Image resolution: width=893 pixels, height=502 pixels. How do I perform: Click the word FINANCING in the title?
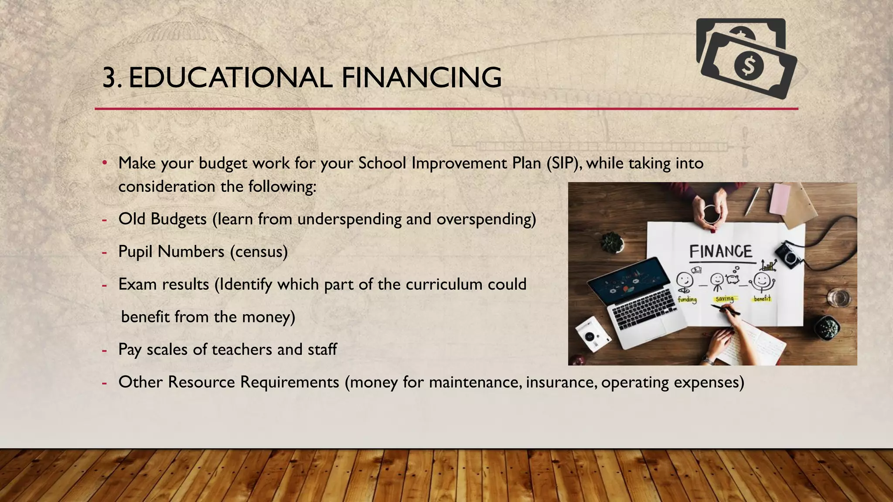[x=421, y=78]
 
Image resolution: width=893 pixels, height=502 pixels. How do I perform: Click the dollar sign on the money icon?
[x=749, y=65]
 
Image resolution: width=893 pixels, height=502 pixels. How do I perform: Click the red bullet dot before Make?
[x=105, y=163]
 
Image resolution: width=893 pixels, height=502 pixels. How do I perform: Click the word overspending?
[x=484, y=219]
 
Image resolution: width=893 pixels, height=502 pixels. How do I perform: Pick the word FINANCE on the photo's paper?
[x=721, y=252]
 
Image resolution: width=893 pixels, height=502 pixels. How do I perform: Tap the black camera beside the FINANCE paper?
[x=788, y=256]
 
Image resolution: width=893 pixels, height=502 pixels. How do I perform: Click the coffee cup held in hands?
[x=710, y=214]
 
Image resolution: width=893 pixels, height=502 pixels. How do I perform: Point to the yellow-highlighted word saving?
[x=724, y=299]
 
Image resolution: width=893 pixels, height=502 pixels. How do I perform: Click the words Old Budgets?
[x=162, y=219]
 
